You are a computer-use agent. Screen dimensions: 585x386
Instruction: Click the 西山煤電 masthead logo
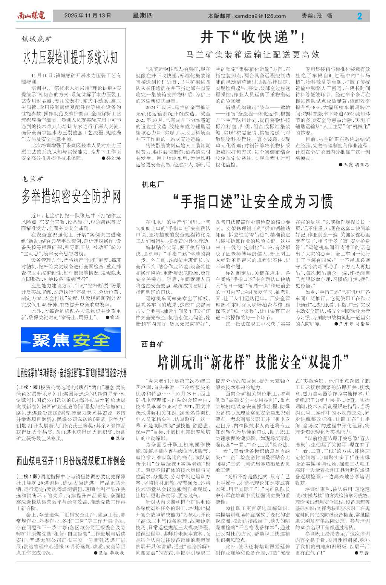31,15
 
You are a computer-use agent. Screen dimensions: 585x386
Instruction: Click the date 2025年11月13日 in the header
87,15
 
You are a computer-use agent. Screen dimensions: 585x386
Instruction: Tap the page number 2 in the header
359,16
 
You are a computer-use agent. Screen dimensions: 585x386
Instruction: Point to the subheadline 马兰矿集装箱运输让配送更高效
253,55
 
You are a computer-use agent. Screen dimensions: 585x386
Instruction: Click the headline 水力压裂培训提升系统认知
70,57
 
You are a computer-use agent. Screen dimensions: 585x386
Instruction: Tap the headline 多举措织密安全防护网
71,196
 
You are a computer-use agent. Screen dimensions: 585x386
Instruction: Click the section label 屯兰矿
32,179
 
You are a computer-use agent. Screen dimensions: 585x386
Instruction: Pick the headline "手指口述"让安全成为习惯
253,201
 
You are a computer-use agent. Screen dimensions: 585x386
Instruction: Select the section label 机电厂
153,184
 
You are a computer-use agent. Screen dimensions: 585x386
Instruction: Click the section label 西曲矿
153,344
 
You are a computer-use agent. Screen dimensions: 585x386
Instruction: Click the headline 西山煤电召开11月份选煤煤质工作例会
71,461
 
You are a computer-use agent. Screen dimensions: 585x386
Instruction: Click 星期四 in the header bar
143,15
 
